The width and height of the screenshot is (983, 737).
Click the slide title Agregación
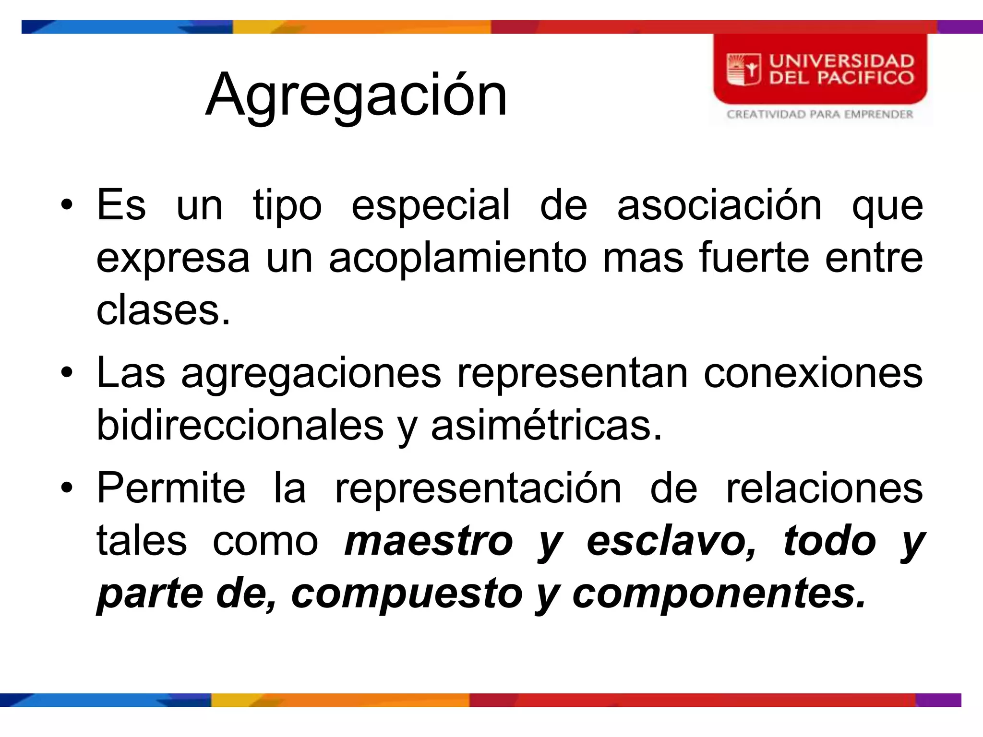click(356, 95)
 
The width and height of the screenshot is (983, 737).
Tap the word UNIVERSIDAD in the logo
click(841, 61)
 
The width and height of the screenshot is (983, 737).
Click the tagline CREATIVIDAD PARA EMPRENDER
click(820, 114)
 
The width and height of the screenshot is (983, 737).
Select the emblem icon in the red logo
click(743, 70)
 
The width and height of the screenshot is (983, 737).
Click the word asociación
click(719, 206)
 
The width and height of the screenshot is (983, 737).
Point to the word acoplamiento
click(457, 258)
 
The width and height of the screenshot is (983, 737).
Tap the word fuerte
click(754, 258)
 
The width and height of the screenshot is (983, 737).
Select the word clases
click(163, 310)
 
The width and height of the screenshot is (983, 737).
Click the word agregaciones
click(311, 374)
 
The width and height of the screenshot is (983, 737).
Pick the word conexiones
click(813, 373)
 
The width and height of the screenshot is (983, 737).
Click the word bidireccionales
click(240, 426)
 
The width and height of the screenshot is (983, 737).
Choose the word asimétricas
click(546, 426)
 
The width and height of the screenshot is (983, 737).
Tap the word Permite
click(171, 488)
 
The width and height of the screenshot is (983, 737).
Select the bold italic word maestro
click(429, 542)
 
